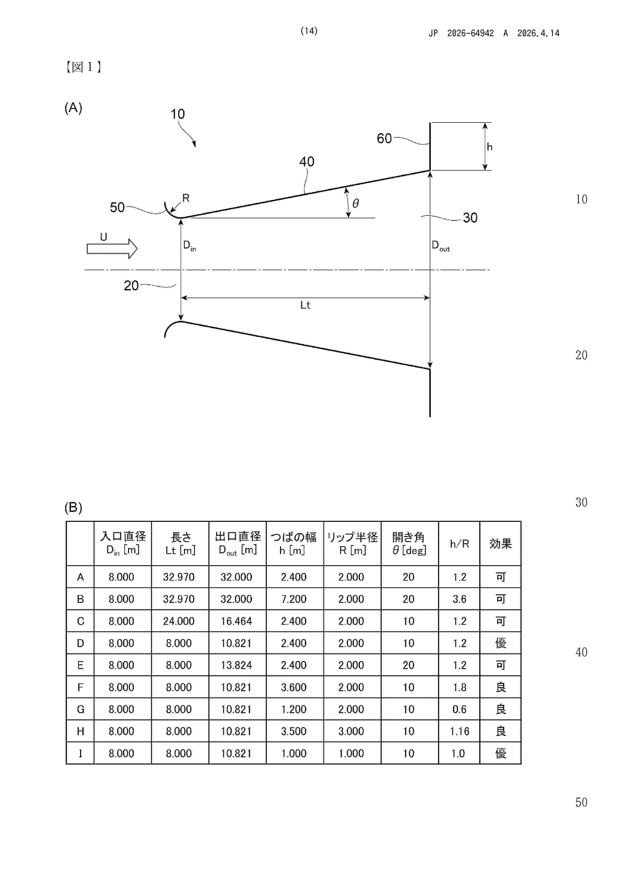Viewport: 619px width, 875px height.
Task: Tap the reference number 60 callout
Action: click(x=384, y=138)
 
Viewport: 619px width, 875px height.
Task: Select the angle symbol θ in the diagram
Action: click(x=355, y=204)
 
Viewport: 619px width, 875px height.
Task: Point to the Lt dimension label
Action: click(x=305, y=305)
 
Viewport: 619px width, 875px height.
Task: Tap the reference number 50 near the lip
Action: click(x=117, y=207)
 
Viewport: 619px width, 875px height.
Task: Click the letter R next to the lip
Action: click(x=186, y=198)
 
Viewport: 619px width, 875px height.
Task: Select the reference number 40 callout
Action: click(x=307, y=162)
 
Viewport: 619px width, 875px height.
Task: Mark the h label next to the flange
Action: click(x=490, y=147)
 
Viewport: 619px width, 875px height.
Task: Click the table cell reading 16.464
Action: click(x=236, y=621)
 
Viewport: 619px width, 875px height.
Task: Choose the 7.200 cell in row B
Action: click(x=294, y=599)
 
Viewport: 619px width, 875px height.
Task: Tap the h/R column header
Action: click(x=459, y=544)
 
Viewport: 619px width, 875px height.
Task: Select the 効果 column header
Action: click(x=500, y=544)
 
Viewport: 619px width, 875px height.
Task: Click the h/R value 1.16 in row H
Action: click(x=459, y=731)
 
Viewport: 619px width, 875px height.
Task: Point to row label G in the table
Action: click(x=80, y=709)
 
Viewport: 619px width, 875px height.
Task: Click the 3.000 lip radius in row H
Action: click(x=351, y=731)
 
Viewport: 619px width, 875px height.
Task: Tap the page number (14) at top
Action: click(x=309, y=31)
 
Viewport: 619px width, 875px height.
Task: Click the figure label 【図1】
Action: click(x=83, y=67)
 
